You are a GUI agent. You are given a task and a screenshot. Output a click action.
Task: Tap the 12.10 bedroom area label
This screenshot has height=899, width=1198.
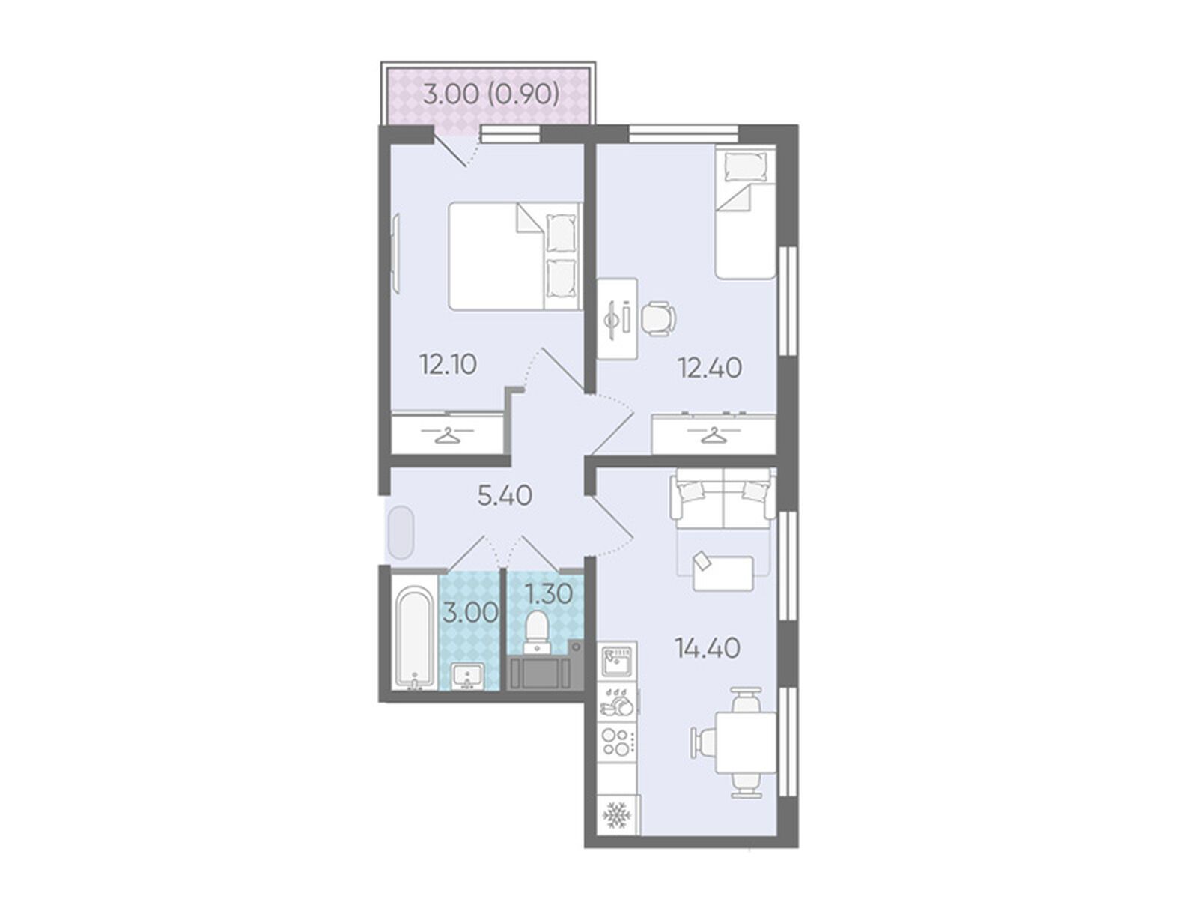tap(448, 364)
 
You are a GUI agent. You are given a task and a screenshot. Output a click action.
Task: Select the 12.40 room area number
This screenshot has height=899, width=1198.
tap(710, 368)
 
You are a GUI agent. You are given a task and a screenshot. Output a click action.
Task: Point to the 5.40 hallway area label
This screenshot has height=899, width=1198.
tap(505, 496)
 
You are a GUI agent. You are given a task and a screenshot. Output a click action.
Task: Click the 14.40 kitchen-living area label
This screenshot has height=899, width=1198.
tap(708, 648)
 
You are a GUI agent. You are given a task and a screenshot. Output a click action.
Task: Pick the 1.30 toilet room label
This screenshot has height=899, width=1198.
tap(550, 594)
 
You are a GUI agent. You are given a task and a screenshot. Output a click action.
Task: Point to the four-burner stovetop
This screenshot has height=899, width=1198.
tap(617, 742)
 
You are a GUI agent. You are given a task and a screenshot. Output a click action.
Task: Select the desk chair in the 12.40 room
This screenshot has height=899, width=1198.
tap(657, 318)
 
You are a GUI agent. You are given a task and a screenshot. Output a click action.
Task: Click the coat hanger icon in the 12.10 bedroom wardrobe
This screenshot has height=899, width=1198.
tap(448, 435)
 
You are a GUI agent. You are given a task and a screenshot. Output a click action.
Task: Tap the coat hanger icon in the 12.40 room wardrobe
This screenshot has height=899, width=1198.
tap(714, 435)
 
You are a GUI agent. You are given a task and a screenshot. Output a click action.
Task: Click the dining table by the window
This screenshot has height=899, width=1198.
tap(746, 742)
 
